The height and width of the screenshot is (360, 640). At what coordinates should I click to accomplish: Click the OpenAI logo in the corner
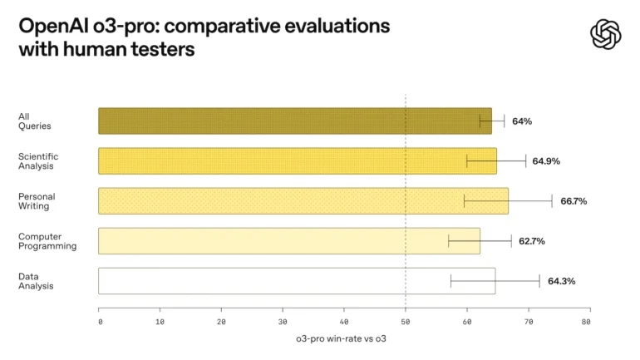click(x=605, y=34)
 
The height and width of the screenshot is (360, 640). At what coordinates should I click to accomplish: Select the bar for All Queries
click(x=291, y=121)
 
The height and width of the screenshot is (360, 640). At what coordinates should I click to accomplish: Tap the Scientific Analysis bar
click(x=291, y=160)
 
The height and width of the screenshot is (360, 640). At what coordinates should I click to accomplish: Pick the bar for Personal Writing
click(x=291, y=200)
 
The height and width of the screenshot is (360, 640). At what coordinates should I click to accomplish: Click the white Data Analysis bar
click(x=291, y=280)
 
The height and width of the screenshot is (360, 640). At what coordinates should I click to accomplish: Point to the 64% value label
click(x=522, y=121)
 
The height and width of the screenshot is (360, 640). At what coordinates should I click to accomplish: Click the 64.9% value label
click(x=545, y=160)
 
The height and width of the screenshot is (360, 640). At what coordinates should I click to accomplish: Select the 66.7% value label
click(x=574, y=200)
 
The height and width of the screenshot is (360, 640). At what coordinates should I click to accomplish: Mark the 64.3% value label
click(x=561, y=281)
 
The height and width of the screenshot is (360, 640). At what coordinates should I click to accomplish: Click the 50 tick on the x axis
click(x=406, y=321)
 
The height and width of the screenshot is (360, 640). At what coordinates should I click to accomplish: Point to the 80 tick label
click(x=586, y=321)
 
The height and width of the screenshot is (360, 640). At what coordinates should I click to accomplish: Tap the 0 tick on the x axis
click(x=100, y=321)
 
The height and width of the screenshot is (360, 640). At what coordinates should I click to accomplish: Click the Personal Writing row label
click(x=34, y=200)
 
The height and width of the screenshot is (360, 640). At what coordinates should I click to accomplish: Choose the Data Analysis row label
click(x=36, y=281)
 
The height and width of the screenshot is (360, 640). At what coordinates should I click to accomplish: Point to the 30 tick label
click(x=283, y=321)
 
